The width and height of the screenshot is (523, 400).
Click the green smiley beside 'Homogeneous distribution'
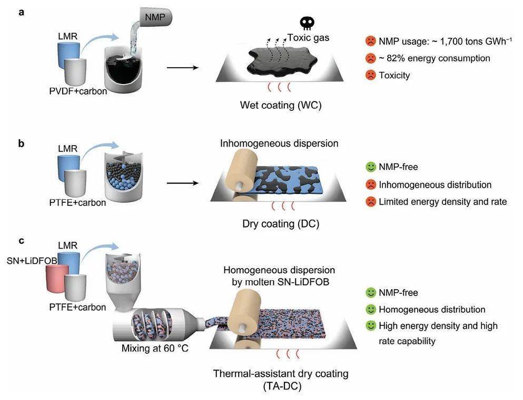tap(370, 309)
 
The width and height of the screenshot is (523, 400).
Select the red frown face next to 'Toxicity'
tap(370, 75)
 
